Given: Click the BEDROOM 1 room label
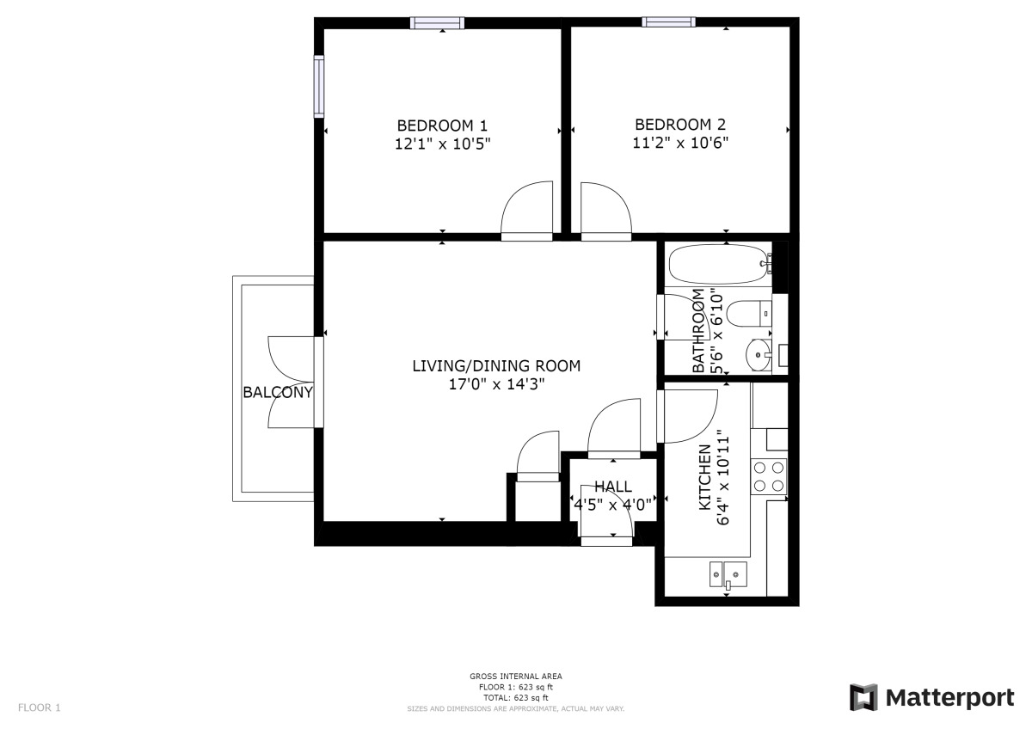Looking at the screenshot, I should [442, 125].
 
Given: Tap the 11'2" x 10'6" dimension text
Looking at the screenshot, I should [681, 144].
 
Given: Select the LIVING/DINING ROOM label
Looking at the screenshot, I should [496, 366].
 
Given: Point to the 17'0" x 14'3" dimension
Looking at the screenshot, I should [496, 384].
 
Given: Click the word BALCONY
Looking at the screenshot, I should [278, 393].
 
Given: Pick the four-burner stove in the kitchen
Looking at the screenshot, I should [769, 476].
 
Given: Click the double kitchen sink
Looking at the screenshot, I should [728, 573].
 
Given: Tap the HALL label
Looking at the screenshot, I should [612, 487].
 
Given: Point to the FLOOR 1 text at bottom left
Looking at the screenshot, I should [40, 708].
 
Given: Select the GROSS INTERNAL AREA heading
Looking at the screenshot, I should [516, 677].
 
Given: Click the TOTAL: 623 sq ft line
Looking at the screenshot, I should [516, 698].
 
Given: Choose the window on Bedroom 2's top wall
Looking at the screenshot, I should [669, 22].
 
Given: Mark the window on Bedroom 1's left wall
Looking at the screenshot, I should [319, 85].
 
